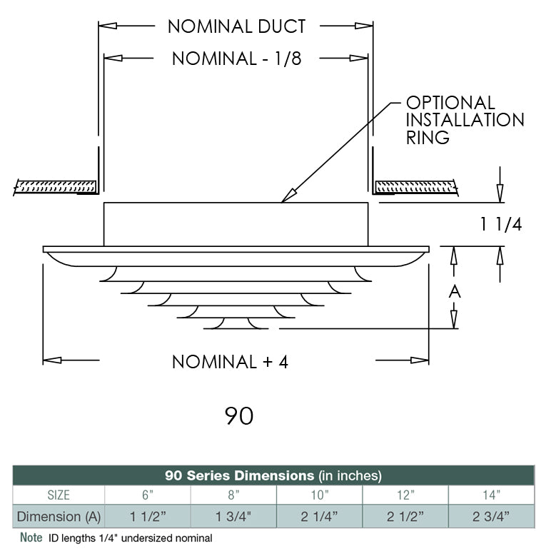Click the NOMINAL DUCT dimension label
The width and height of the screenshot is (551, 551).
click(x=236, y=27)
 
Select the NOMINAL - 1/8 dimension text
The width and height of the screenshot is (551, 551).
click(x=236, y=59)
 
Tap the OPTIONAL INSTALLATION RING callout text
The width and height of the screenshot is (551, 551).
click(x=465, y=120)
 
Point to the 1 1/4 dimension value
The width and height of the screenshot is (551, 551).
click(x=500, y=224)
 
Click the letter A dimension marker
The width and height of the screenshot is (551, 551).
click(x=455, y=292)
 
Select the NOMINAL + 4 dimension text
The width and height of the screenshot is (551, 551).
click(x=230, y=362)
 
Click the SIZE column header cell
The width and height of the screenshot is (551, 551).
click(x=59, y=495)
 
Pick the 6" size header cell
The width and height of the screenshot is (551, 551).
click(x=147, y=495)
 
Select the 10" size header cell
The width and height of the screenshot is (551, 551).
click(x=319, y=495)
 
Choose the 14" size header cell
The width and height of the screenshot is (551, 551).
click(x=491, y=495)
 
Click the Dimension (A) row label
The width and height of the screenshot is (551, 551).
click(x=59, y=516)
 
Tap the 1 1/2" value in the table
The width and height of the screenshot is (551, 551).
click(x=147, y=516)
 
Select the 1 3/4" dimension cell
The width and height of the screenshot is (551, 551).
click(x=233, y=516)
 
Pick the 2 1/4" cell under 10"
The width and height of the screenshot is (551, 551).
click(x=319, y=516)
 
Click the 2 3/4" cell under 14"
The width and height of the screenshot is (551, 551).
click(x=491, y=516)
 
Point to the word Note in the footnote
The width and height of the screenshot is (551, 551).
click(x=31, y=537)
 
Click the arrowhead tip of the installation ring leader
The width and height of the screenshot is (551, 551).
click(x=283, y=201)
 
